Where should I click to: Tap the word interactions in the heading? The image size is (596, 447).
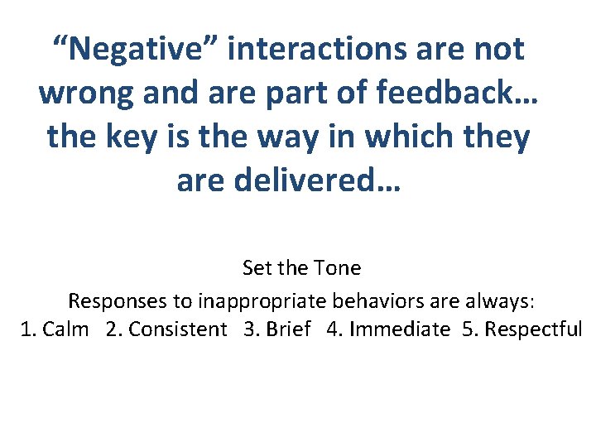[315, 50]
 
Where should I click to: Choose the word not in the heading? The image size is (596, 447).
[496, 50]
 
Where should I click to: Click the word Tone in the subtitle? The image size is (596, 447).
[338, 268]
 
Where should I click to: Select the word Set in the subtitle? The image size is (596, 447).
[257, 268]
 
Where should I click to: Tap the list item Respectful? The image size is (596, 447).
[533, 329]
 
